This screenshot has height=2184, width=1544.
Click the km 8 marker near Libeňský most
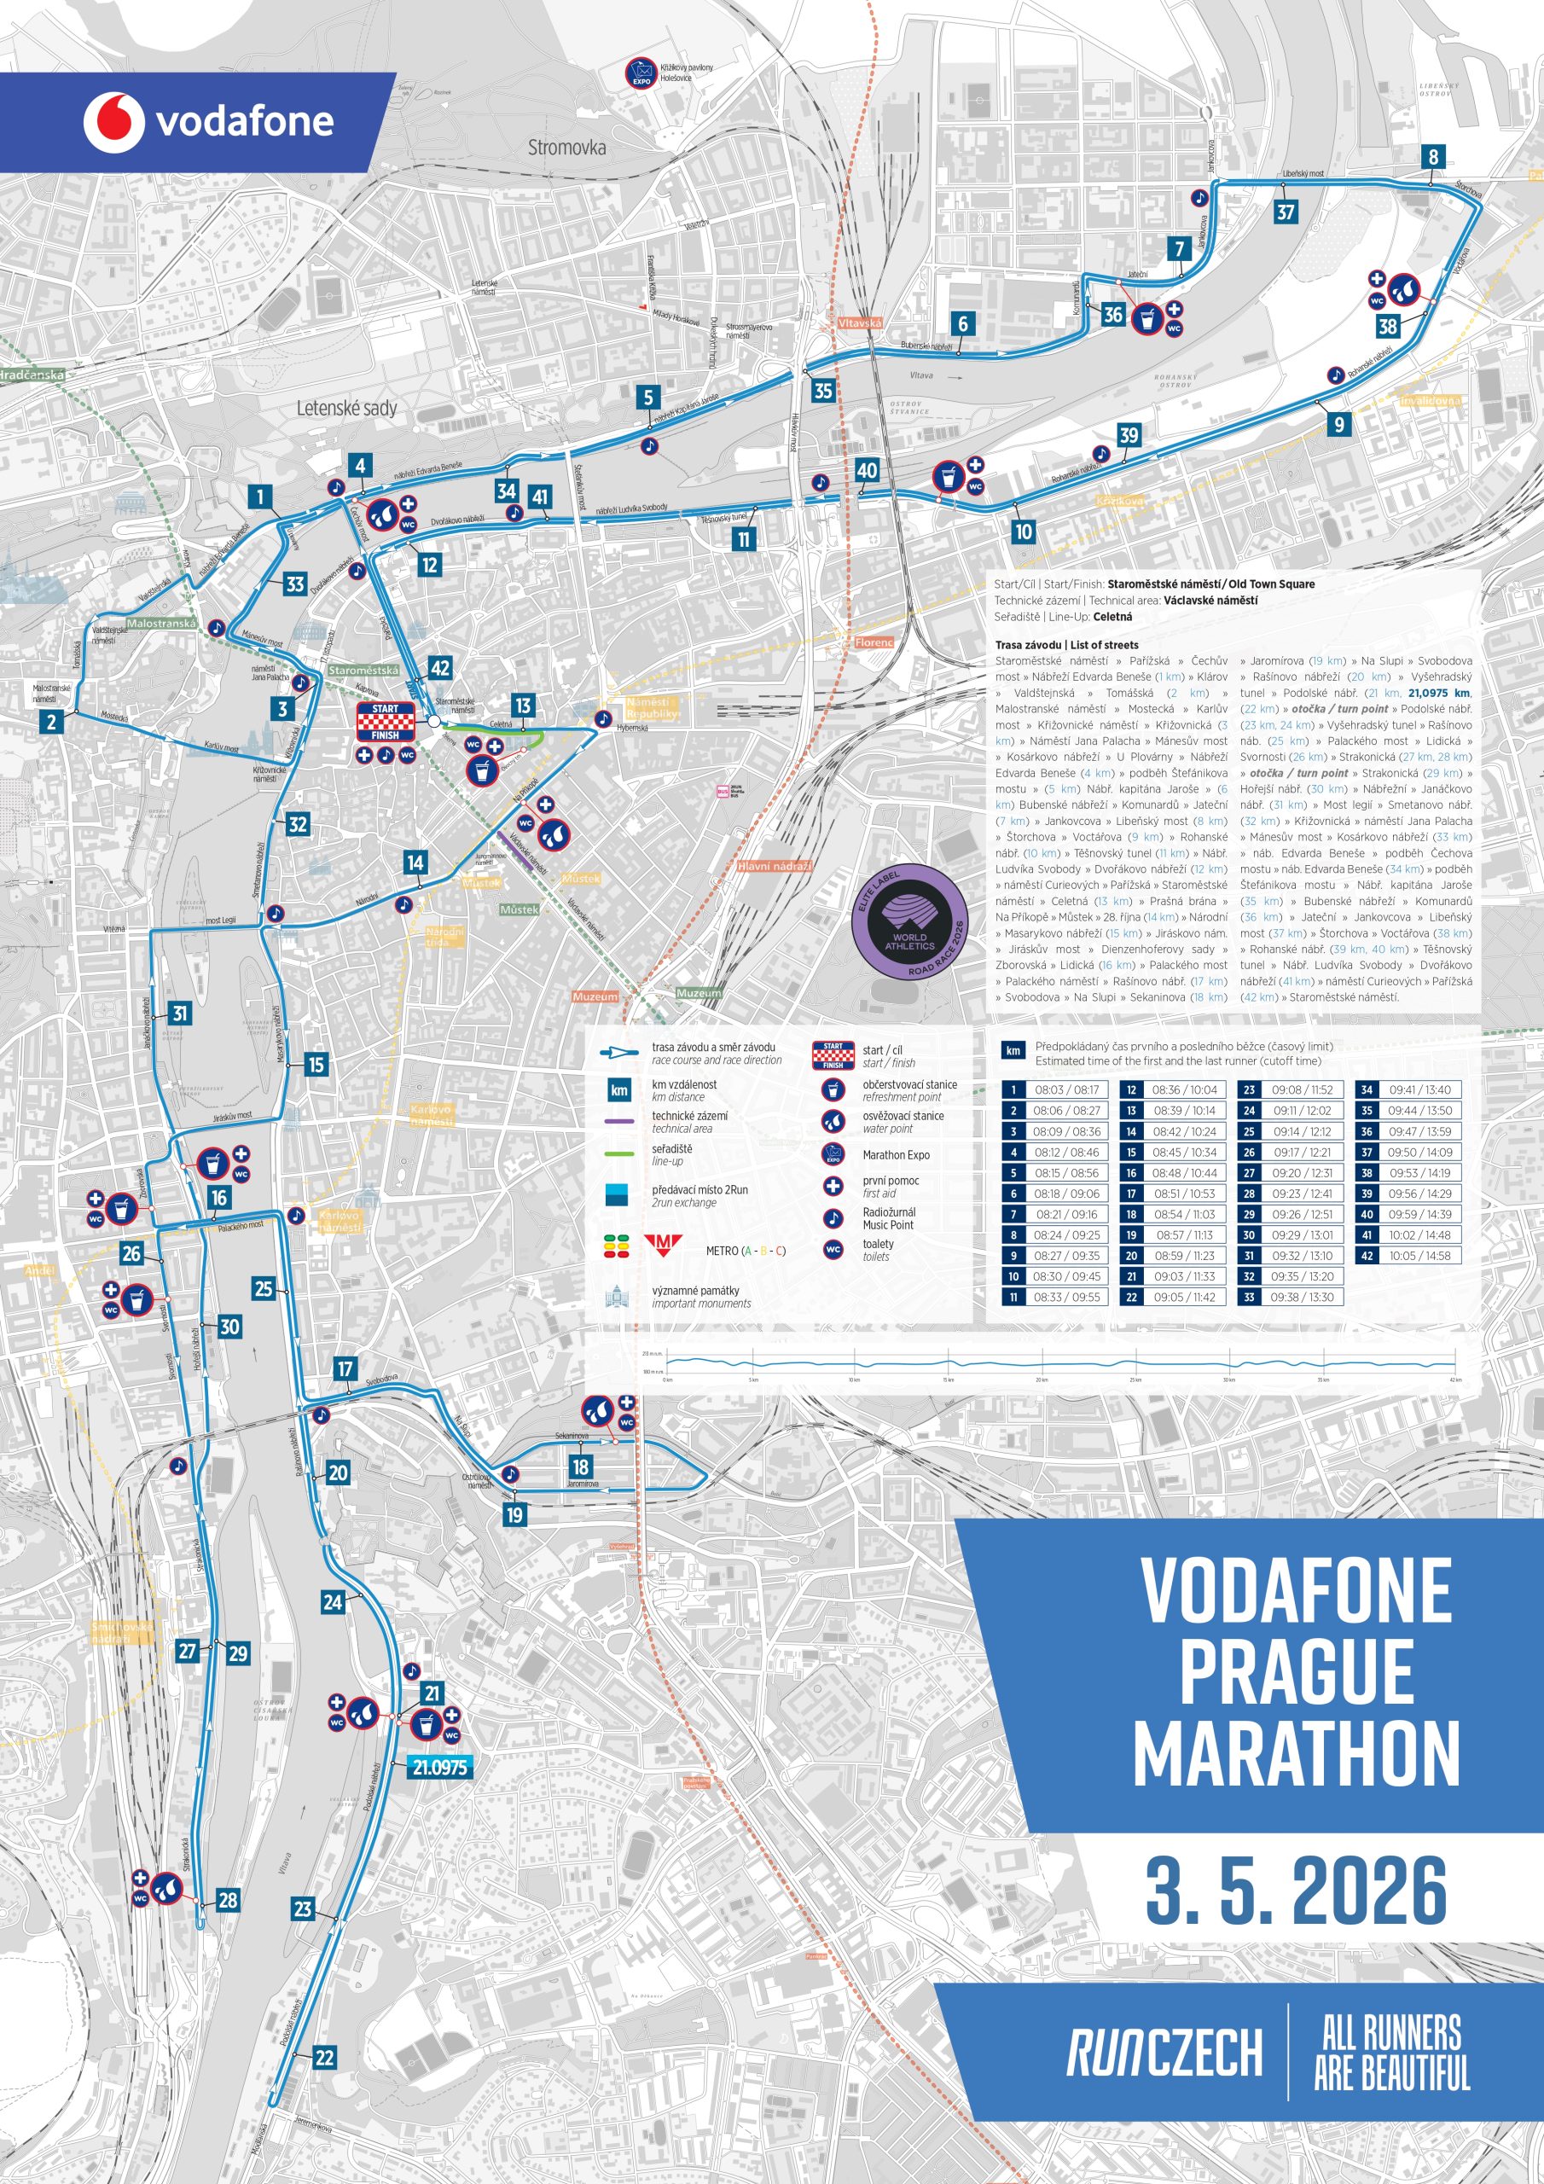click(x=1433, y=157)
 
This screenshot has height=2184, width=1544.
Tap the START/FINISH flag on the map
click(x=386, y=722)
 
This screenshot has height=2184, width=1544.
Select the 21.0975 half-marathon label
click(x=439, y=1768)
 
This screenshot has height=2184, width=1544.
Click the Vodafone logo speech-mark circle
click(x=113, y=122)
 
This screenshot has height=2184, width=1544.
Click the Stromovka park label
click(x=567, y=148)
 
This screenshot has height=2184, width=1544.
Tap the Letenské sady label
click(x=346, y=408)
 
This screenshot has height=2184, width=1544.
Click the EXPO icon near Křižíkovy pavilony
click(x=641, y=73)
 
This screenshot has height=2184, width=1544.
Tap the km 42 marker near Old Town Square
click(x=439, y=668)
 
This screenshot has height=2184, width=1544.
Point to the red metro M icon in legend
click(x=663, y=1246)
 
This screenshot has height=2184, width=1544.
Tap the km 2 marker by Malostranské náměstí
click(x=51, y=722)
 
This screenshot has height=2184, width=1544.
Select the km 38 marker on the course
click(x=1388, y=326)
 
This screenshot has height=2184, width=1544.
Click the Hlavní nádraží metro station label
click(x=775, y=866)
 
